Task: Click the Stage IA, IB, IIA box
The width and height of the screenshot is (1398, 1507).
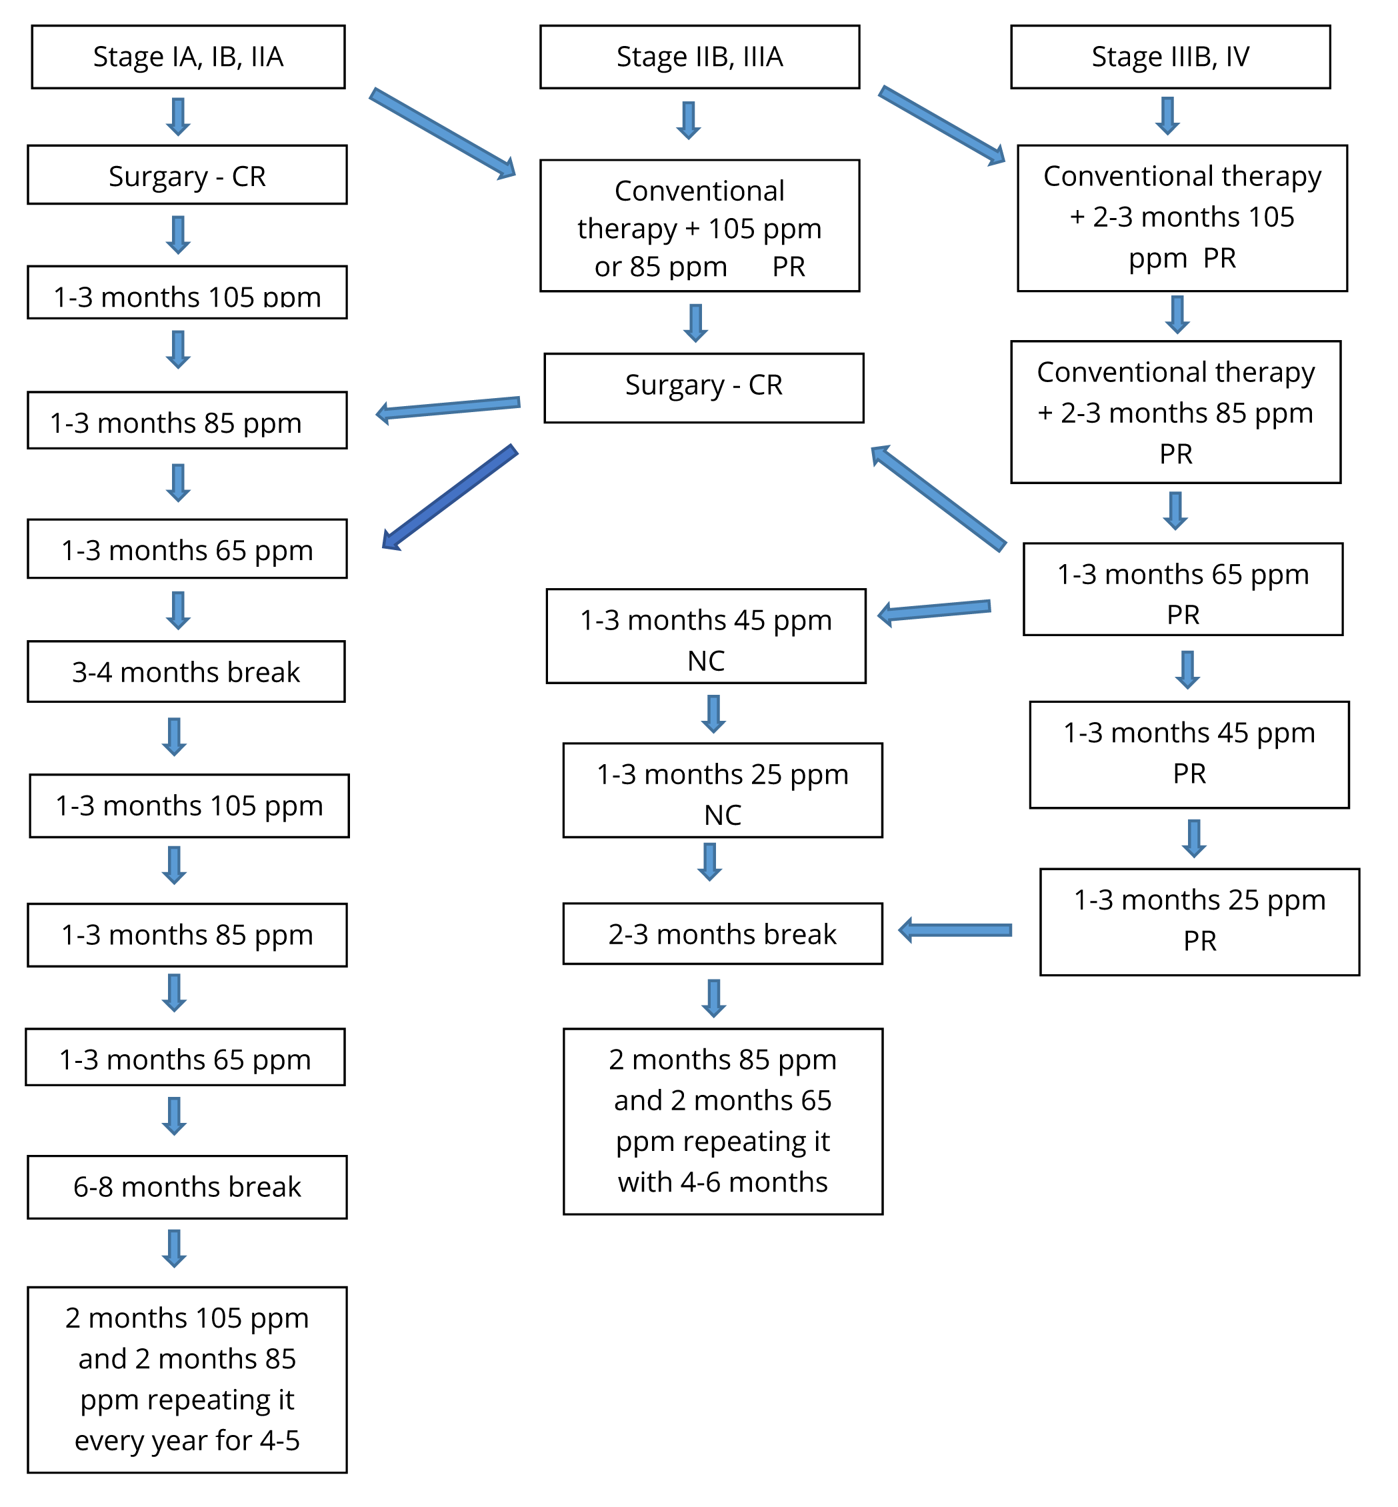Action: [189, 57]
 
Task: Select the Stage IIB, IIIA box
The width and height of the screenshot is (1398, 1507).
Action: [700, 57]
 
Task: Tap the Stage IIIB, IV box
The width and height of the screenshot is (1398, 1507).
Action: [1170, 57]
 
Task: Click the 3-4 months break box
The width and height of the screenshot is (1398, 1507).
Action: [187, 671]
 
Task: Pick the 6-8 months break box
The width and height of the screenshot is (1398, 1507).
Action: [187, 1187]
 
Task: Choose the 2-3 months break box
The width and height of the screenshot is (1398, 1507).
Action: [723, 934]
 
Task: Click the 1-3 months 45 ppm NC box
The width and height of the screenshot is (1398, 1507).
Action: [706, 636]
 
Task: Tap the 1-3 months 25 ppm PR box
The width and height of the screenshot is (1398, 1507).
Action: [1200, 922]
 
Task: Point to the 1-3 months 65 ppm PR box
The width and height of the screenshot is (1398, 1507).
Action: [1183, 589]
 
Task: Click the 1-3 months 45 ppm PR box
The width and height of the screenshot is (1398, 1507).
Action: [1189, 755]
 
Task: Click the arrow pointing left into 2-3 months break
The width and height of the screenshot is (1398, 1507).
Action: [955, 930]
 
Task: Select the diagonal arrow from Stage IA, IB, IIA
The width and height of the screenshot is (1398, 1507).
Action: [443, 134]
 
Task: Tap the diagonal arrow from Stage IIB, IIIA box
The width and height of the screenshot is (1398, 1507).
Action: [943, 125]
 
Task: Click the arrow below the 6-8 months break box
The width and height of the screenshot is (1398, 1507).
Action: [174, 1249]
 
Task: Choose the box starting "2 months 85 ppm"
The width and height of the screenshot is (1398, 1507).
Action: [723, 1121]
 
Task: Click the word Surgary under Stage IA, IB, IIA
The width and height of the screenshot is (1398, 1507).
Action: [158, 177]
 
